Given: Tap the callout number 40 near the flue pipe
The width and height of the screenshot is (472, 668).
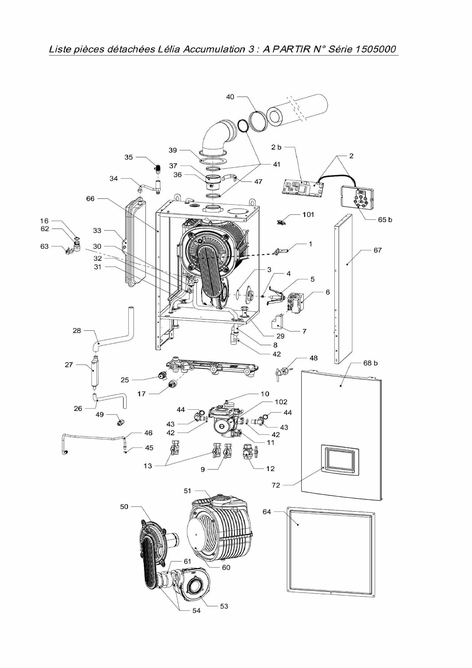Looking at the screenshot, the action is (x=230, y=97).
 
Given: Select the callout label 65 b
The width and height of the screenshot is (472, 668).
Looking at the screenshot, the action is (x=385, y=220).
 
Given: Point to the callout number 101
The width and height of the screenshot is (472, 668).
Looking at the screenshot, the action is (x=308, y=214).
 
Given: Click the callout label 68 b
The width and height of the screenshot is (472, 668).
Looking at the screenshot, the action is (x=370, y=363).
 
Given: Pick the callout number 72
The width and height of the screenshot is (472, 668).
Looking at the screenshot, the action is (x=276, y=485).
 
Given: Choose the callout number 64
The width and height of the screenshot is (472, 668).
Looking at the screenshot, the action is (x=267, y=512).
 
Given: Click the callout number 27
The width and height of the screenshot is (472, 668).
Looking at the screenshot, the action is (x=69, y=365).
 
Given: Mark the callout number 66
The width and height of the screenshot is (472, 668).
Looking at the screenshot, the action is (x=90, y=199).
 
